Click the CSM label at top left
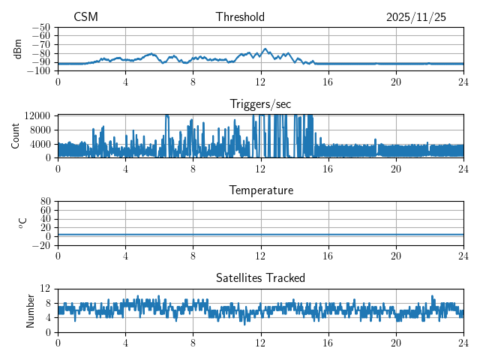pos(85,17)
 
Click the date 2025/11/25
pos(415,17)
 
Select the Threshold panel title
pos(240,17)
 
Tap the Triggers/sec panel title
pos(260,103)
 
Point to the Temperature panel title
pos(260,190)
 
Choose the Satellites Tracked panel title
pos(260,277)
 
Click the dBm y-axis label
pos(18,49)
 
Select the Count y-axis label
pos(15,136)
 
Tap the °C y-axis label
pos(22,223)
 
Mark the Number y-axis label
pos(31,310)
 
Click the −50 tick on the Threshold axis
pos(40,26)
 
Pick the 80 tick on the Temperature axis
pos(45,201)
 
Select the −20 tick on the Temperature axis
pos(40,245)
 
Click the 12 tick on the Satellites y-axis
pos(45,289)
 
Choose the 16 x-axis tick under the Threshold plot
pos(328,81)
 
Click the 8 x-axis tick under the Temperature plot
pos(193,255)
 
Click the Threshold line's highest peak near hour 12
pos(265,49)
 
